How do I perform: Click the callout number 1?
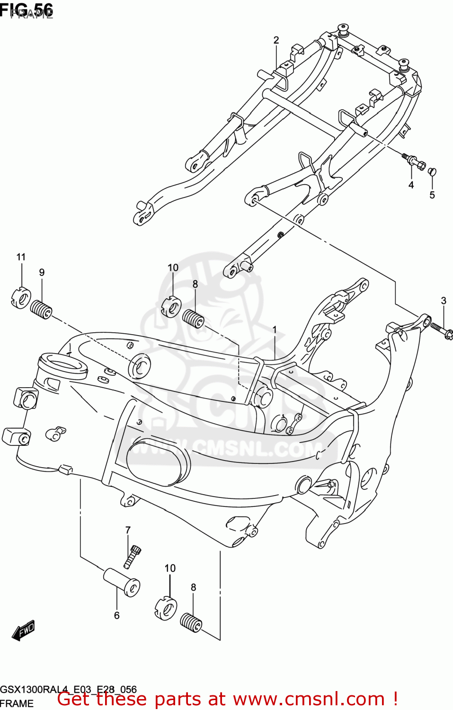pyautogui.click(x=274, y=329)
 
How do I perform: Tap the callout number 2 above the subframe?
pyautogui.click(x=276, y=40)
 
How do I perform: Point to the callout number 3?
pyautogui.click(x=444, y=301)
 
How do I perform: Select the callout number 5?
pyautogui.click(x=432, y=195)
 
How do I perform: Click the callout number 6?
pyautogui.click(x=116, y=615)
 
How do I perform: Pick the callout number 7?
pyautogui.click(x=128, y=530)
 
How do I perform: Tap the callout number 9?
pyautogui.click(x=42, y=272)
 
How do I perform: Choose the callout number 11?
pyautogui.click(x=21, y=257)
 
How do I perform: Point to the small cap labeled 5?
pyautogui.click(x=432, y=172)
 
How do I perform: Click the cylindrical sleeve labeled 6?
pyautogui.click(x=121, y=582)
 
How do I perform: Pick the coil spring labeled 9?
pyautogui.click(x=41, y=310)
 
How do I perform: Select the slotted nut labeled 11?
pyautogui.click(x=20, y=299)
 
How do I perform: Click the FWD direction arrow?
pyautogui.click(x=24, y=630)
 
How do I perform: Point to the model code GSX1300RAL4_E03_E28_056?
pyautogui.click(x=69, y=689)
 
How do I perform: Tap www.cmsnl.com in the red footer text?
pyautogui.click(x=309, y=699)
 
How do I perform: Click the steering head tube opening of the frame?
pyautogui.click(x=62, y=365)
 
